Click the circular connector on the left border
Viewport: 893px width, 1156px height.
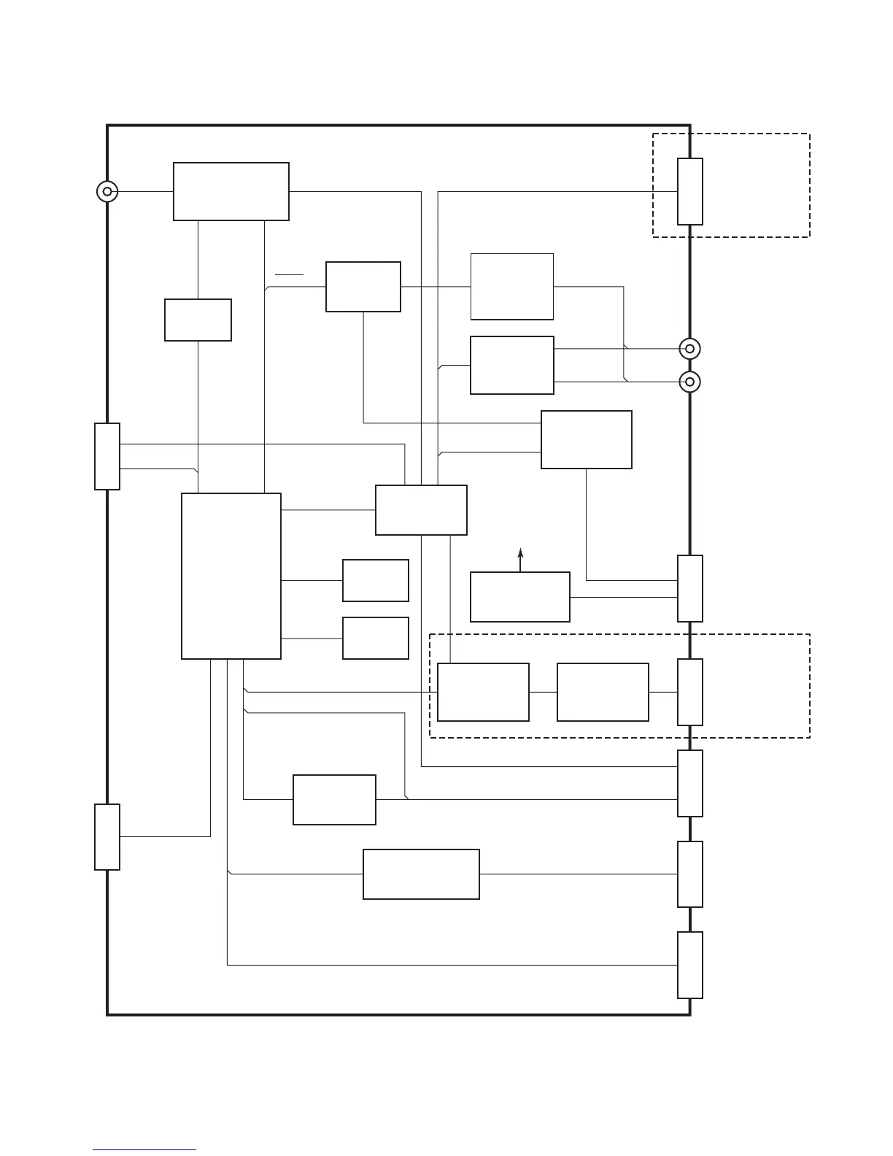click(x=107, y=191)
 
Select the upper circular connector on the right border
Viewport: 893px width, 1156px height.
click(x=689, y=349)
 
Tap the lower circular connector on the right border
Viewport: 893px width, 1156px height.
click(x=689, y=381)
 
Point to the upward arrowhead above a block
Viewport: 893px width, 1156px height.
click(x=520, y=552)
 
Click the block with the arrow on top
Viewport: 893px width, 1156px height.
click(x=519, y=597)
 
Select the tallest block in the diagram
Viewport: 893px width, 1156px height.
click(x=231, y=576)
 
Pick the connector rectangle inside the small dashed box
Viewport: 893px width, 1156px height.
click(x=690, y=191)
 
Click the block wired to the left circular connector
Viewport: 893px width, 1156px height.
click(x=231, y=191)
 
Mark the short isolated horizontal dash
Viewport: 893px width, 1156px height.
click(x=289, y=275)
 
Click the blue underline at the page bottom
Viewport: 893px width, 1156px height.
click(x=144, y=1150)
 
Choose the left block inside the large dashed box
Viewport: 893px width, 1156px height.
click(x=483, y=692)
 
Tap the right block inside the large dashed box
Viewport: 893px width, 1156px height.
click(x=603, y=692)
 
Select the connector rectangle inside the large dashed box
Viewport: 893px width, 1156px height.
click(x=690, y=692)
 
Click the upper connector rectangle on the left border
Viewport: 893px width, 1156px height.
click(x=107, y=456)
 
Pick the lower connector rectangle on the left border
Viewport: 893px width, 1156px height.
click(x=107, y=837)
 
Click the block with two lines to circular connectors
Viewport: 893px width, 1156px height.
click(x=511, y=365)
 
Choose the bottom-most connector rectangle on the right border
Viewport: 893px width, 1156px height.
click(x=690, y=965)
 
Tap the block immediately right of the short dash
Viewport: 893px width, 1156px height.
click(x=363, y=287)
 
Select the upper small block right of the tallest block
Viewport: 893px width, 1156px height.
click(x=375, y=580)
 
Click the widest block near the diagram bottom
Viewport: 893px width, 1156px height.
click(x=421, y=874)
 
